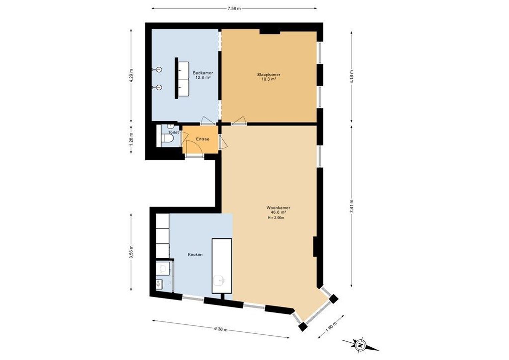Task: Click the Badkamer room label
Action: [x=203, y=73]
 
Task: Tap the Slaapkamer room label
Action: [x=268, y=75]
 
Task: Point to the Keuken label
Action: [x=195, y=254]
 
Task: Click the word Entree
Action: [x=203, y=139]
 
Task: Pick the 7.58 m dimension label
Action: [x=234, y=9]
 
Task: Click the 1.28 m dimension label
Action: [x=131, y=140]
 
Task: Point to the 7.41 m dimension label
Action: [x=351, y=206]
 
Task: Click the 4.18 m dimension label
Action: [x=351, y=77]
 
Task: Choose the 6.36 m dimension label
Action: [x=221, y=329]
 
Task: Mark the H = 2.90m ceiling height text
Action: [x=276, y=218]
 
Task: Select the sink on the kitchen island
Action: [x=220, y=281]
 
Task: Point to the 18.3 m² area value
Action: [x=268, y=79]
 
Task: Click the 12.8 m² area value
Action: [x=203, y=78]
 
